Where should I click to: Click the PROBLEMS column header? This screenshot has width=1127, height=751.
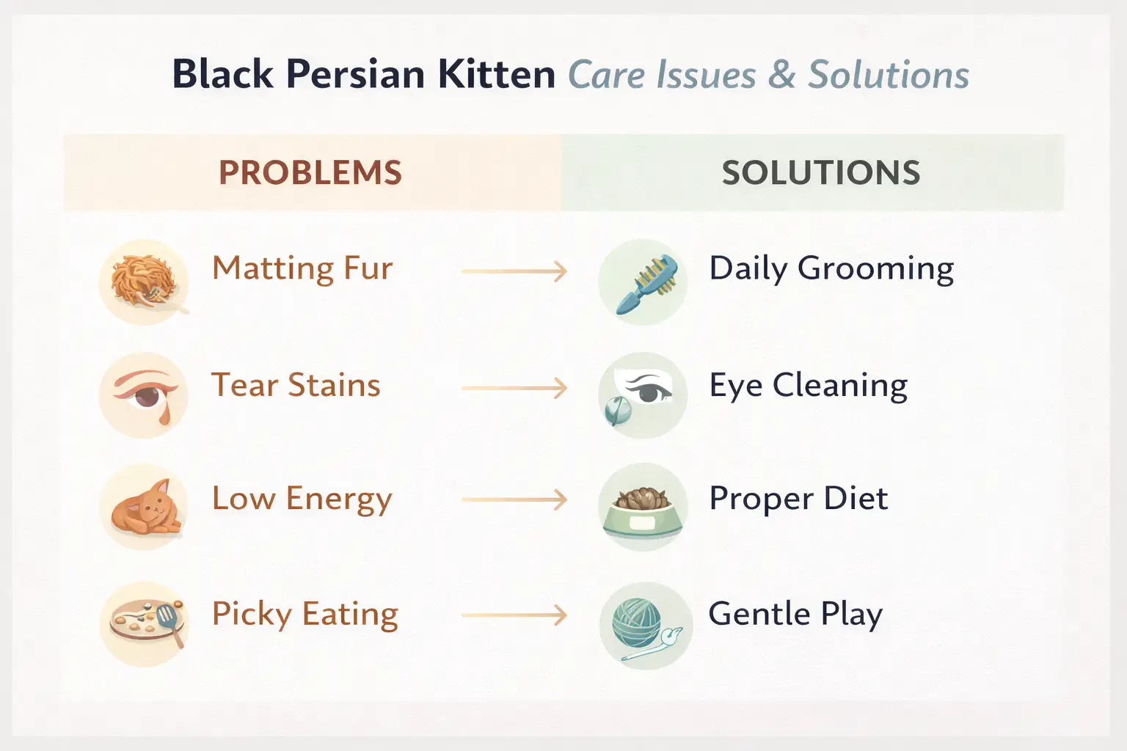(x=310, y=173)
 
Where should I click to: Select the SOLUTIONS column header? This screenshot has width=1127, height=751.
(x=820, y=173)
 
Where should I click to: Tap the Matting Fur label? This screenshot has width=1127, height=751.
(x=302, y=268)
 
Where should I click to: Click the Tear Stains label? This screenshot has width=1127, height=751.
(x=296, y=385)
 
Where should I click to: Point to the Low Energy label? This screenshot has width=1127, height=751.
(x=302, y=499)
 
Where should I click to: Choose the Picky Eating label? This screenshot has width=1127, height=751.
(x=304, y=615)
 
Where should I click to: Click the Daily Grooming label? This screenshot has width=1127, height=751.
(x=831, y=269)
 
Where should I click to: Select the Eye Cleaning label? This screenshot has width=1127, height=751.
(x=808, y=386)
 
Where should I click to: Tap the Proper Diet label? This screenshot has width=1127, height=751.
(x=798, y=499)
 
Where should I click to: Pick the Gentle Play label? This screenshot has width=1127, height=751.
(x=795, y=615)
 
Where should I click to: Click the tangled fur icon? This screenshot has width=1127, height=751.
(x=144, y=282)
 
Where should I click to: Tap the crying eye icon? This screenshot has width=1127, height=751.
(x=144, y=396)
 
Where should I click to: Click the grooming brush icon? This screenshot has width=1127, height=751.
(x=643, y=283)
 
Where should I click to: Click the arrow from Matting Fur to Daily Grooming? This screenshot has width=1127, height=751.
(x=514, y=271)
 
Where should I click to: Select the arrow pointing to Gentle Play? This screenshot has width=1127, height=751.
(x=514, y=615)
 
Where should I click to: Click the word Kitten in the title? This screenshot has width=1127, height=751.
(x=497, y=75)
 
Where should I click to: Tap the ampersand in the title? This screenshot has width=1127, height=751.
(x=781, y=75)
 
